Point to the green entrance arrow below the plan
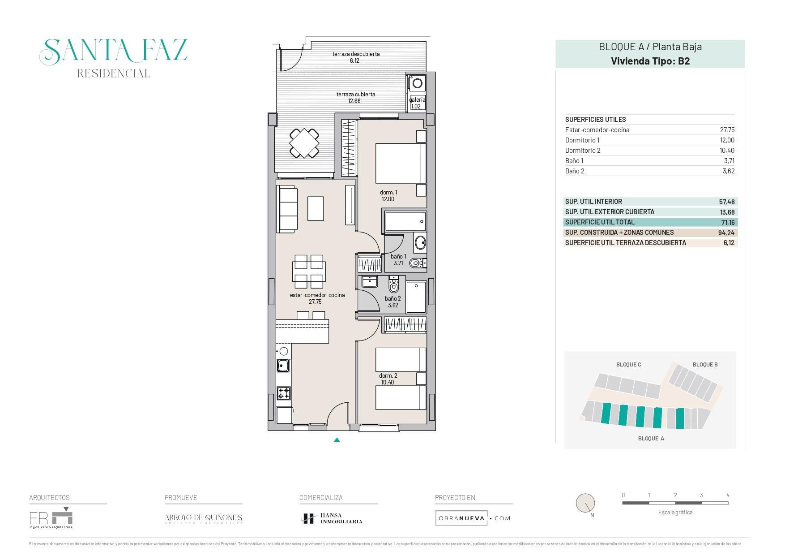(x=337, y=440)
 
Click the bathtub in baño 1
(x=405, y=221)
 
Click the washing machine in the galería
(x=417, y=83)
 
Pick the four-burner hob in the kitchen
(x=283, y=393)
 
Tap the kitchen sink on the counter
(x=283, y=366)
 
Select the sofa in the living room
(x=287, y=210)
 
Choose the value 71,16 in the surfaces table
(x=727, y=223)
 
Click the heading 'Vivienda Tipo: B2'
(x=650, y=61)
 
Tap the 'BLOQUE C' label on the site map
(x=628, y=365)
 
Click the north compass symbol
(x=585, y=504)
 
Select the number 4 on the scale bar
(x=728, y=495)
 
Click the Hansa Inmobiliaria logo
(x=332, y=518)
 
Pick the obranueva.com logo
(x=473, y=518)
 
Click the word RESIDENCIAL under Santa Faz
(x=113, y=73)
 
